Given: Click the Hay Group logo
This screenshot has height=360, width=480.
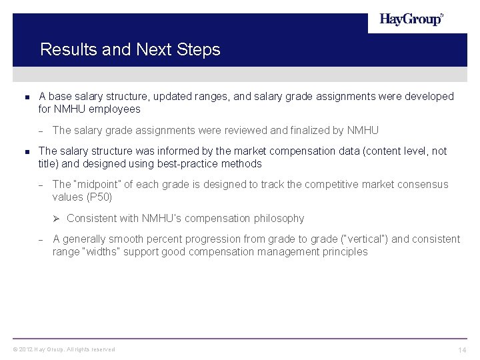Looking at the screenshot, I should click(x=411, y=20).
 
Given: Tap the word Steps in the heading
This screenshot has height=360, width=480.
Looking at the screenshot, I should click(x=199, y=49).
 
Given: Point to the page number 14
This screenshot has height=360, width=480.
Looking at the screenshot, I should click(x=461, y=351).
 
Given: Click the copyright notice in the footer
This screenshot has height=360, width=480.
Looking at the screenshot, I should click(x=63, y=349).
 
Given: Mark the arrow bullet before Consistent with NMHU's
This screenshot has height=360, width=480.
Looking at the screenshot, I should click(x=57, y=219).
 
